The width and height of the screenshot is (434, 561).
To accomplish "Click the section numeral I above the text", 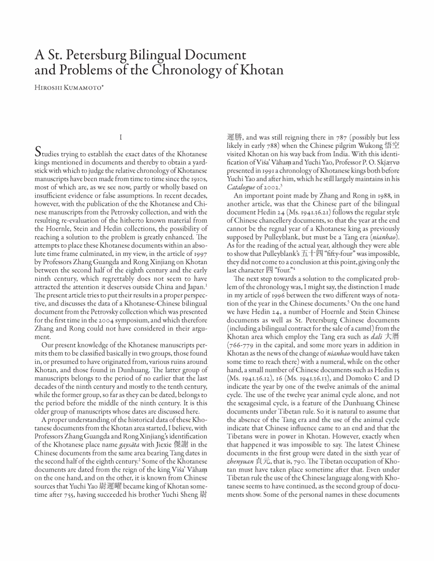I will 120,138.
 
